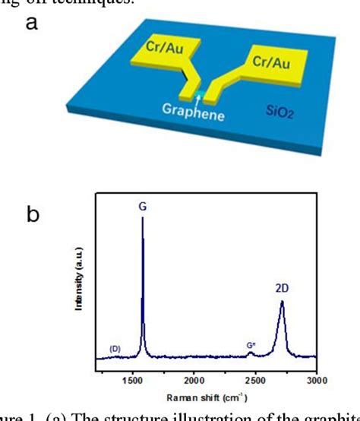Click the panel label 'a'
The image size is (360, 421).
point(31,24)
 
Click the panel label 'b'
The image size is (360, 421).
point(32,215)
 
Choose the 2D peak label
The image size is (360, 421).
point(282,289)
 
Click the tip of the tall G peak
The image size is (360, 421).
point(143,218)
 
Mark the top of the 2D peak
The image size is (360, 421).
point(282,302)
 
